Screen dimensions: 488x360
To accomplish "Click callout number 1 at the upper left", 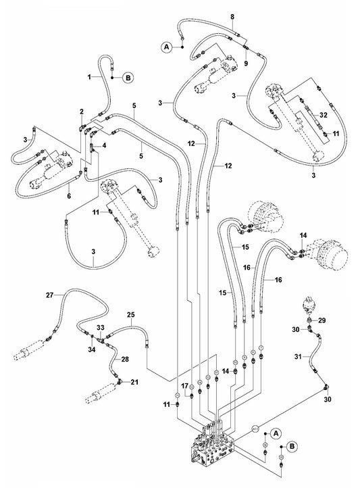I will click(88, 78).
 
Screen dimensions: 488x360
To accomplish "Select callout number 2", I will click(81, 111).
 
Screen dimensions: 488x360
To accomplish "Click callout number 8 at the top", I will click(232, 16).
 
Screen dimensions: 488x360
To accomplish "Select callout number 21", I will click(134, 383).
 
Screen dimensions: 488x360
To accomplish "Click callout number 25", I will click(130, 315).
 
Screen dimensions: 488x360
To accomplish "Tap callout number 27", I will click(49, 295).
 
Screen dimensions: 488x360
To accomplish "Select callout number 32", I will click(324, 116).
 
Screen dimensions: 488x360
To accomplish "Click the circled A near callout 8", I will click(166, 47).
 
